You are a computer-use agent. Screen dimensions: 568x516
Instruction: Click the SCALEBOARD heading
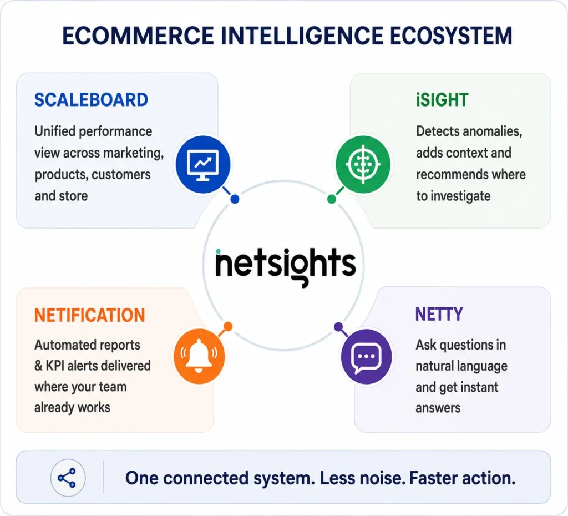coord(91,100)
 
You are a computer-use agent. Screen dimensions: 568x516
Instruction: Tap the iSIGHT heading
coord(442,100)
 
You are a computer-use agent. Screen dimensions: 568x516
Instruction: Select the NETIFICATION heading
coord(89,315)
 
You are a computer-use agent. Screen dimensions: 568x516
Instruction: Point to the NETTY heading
coord(439,314)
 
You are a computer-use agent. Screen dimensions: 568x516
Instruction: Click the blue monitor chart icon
coord(203,164)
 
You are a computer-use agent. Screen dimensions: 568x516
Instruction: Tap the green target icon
coord(363,164)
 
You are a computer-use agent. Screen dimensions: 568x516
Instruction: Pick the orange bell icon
coord(199,356)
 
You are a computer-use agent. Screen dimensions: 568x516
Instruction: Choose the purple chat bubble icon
coord(366,357)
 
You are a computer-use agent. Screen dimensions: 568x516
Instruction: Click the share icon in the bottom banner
coord(68,478)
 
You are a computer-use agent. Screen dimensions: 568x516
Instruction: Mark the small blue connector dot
coord(235,199)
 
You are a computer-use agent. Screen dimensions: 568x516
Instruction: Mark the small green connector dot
coord(332,199)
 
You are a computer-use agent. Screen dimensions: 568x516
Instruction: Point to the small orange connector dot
coord(228,326)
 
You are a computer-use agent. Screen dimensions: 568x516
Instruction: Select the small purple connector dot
coord(338,327)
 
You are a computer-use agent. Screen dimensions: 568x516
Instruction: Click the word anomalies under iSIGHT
coord(493,131)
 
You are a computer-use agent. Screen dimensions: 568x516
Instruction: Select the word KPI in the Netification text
coord(55,366)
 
